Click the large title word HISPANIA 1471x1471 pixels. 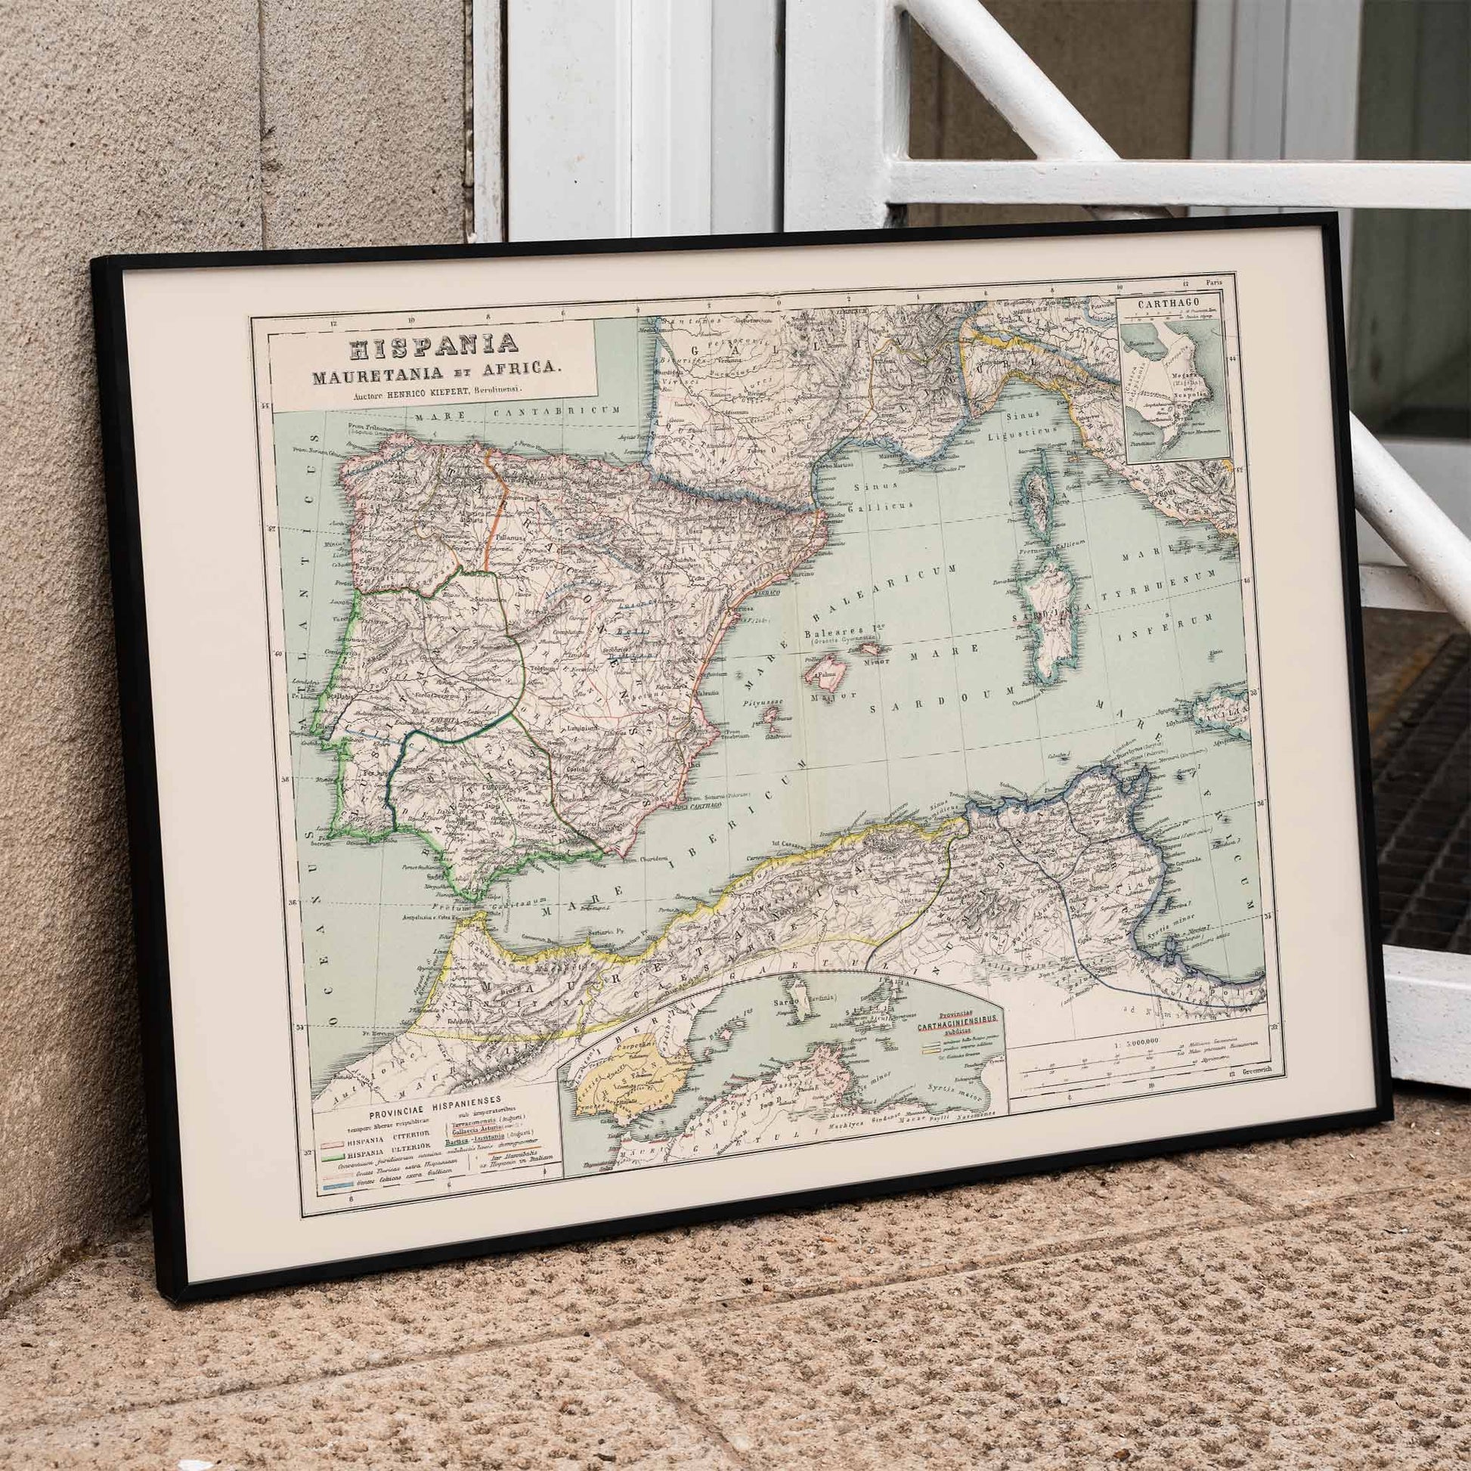coord(432,347)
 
